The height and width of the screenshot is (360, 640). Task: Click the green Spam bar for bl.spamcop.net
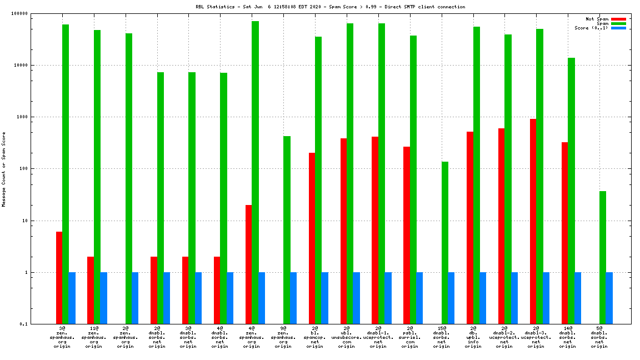click(x=318, y=180)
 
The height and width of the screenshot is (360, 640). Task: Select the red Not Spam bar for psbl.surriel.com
click(x=407, y=235)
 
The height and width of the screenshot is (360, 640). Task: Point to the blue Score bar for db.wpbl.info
click(x=483, y=298)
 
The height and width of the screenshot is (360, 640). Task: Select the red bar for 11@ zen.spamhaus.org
click(x=91, y=290)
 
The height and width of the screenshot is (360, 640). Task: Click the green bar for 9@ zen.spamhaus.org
click(x=287, y=230)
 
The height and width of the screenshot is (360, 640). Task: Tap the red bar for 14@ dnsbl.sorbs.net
click(x=564, y=233)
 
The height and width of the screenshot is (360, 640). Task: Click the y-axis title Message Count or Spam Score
click(x=4, y=169)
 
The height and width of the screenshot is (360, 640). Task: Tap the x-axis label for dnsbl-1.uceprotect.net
click(x=378, y=337)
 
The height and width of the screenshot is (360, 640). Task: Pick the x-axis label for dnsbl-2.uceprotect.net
click(x=504, y=337)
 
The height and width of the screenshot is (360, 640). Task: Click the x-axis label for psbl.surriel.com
click(x=410, y=337)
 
